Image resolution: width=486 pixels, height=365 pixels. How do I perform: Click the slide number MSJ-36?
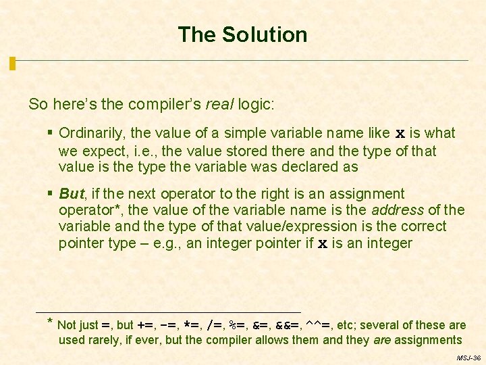point(468,357)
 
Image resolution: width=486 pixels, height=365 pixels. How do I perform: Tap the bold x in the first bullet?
point(400,134)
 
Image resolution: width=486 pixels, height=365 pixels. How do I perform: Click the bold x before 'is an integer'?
point(323,243)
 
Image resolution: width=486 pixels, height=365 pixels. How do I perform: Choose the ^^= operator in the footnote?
point(317,324)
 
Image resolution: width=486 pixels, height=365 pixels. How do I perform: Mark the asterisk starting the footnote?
point(51,322)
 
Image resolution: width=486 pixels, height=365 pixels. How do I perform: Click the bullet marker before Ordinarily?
point(51,133)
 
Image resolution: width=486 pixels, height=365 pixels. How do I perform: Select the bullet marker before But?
point(51,194)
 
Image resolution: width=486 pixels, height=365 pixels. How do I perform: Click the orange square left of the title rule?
point(12,64)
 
